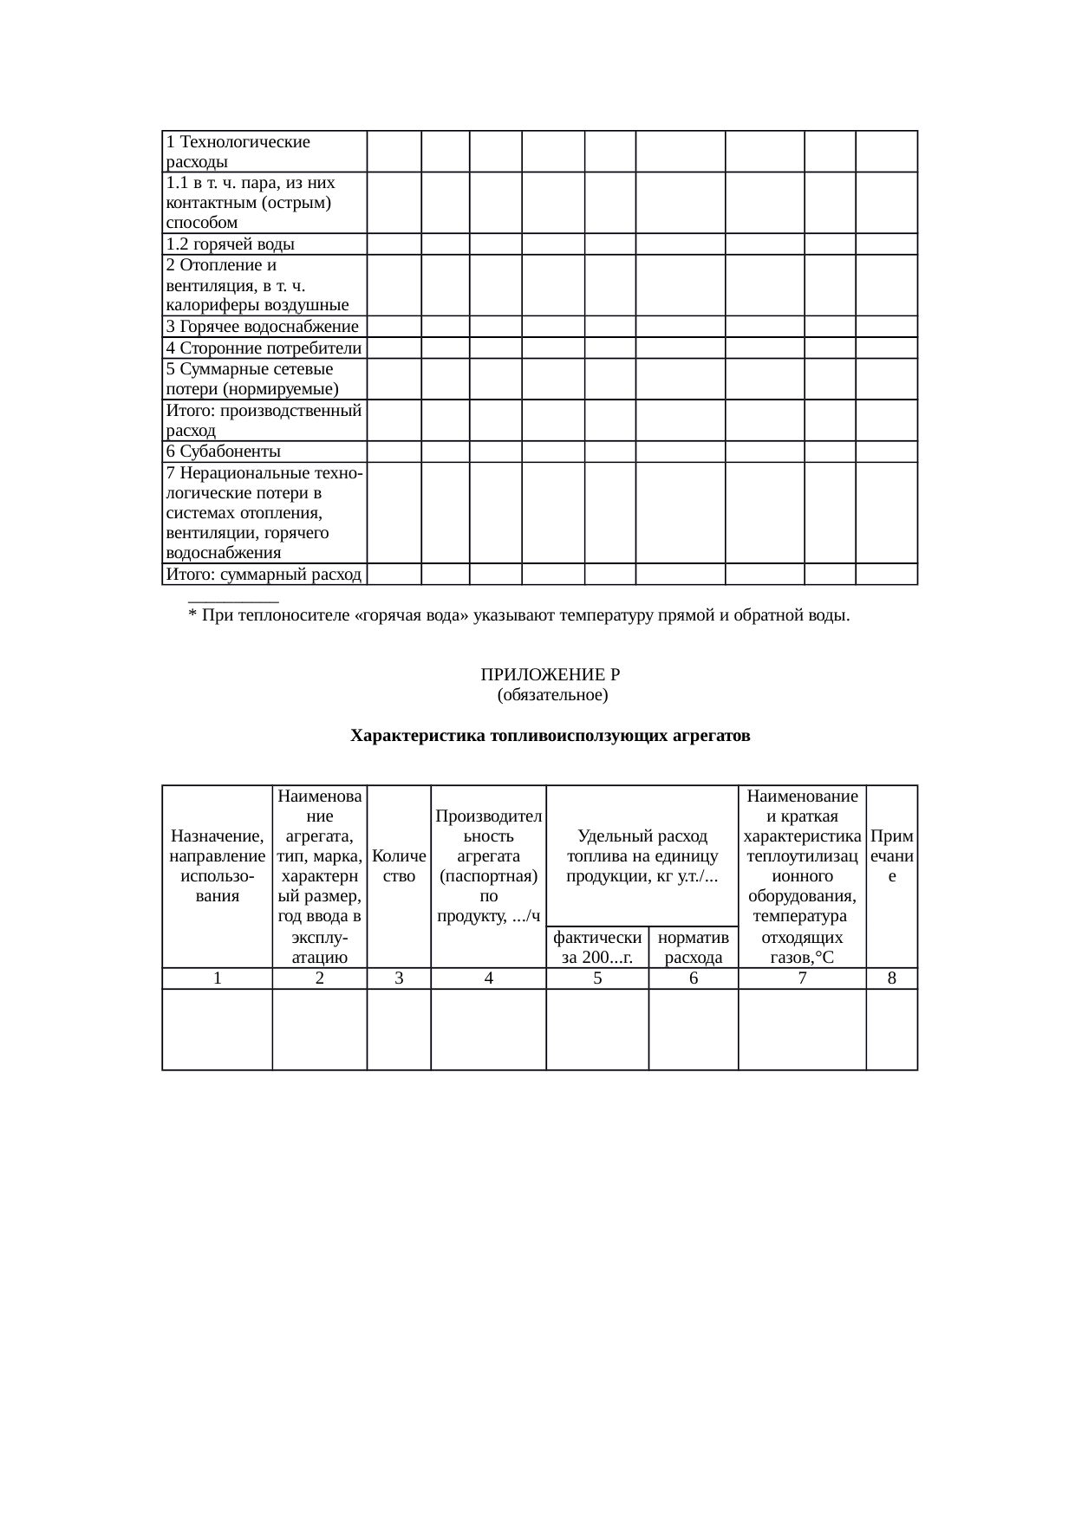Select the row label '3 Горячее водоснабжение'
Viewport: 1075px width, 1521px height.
[262, 327]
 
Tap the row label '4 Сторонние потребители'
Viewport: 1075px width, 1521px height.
[264, 348]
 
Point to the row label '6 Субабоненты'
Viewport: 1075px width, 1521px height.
[224, 452]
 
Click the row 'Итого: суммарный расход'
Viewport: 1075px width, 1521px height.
[264, 574]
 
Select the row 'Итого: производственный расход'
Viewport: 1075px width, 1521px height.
[264, 420]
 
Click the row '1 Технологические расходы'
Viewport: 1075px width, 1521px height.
[238, 151]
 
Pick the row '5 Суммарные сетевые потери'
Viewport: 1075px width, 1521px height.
[251, 379]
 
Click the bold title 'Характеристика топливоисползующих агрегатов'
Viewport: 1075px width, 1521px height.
[550, 737]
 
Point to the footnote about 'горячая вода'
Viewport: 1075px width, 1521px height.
[518, 616]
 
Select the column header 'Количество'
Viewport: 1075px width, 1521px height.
[399, 866]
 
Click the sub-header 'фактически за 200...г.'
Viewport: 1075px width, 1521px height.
[597, 947]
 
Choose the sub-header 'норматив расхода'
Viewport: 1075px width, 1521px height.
[694, 947]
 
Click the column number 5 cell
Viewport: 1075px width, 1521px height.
[597, 978]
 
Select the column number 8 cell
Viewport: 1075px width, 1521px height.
[892, 978]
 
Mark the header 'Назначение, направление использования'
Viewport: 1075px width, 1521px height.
[218, 866]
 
